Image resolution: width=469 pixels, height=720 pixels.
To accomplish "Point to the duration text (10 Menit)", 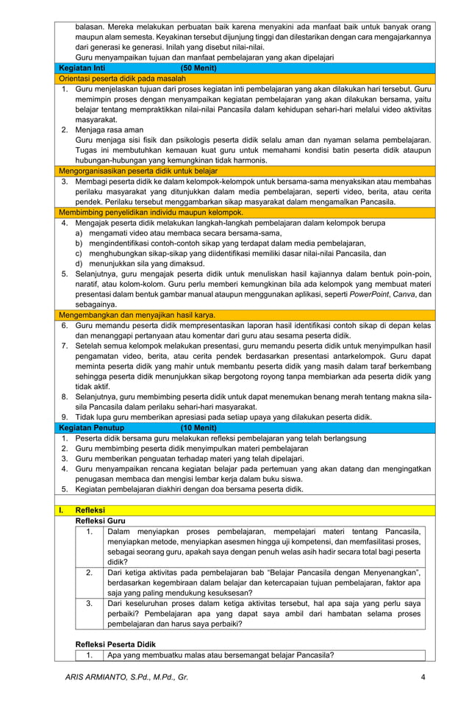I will (198, 427).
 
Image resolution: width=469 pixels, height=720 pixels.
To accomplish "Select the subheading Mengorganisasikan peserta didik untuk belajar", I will (133, 171).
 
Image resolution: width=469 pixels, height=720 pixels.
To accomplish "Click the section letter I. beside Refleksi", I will (62, 510).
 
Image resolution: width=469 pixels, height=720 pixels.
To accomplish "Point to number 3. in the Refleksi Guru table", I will (89, 603).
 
